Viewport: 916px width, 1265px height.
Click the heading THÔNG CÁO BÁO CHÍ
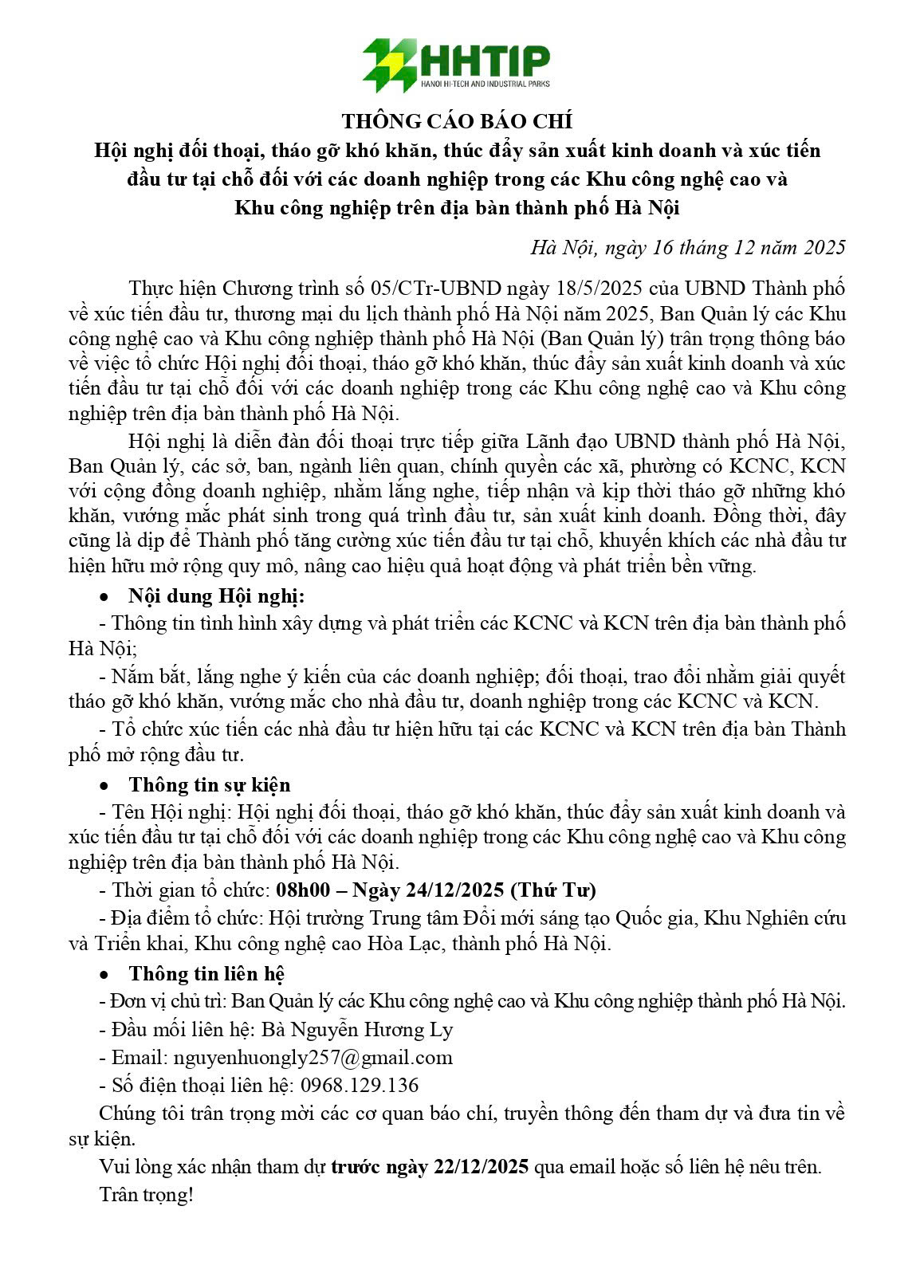pos(457,121)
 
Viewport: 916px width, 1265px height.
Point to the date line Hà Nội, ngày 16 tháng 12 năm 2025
pos(687,248)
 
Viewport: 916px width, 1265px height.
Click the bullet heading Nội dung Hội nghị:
pos(217,596)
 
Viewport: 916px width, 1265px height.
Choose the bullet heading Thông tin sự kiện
pos(210,785)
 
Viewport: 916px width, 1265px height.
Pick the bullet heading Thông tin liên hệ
pos(206,973)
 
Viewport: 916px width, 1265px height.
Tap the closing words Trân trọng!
pos(146,1195)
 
